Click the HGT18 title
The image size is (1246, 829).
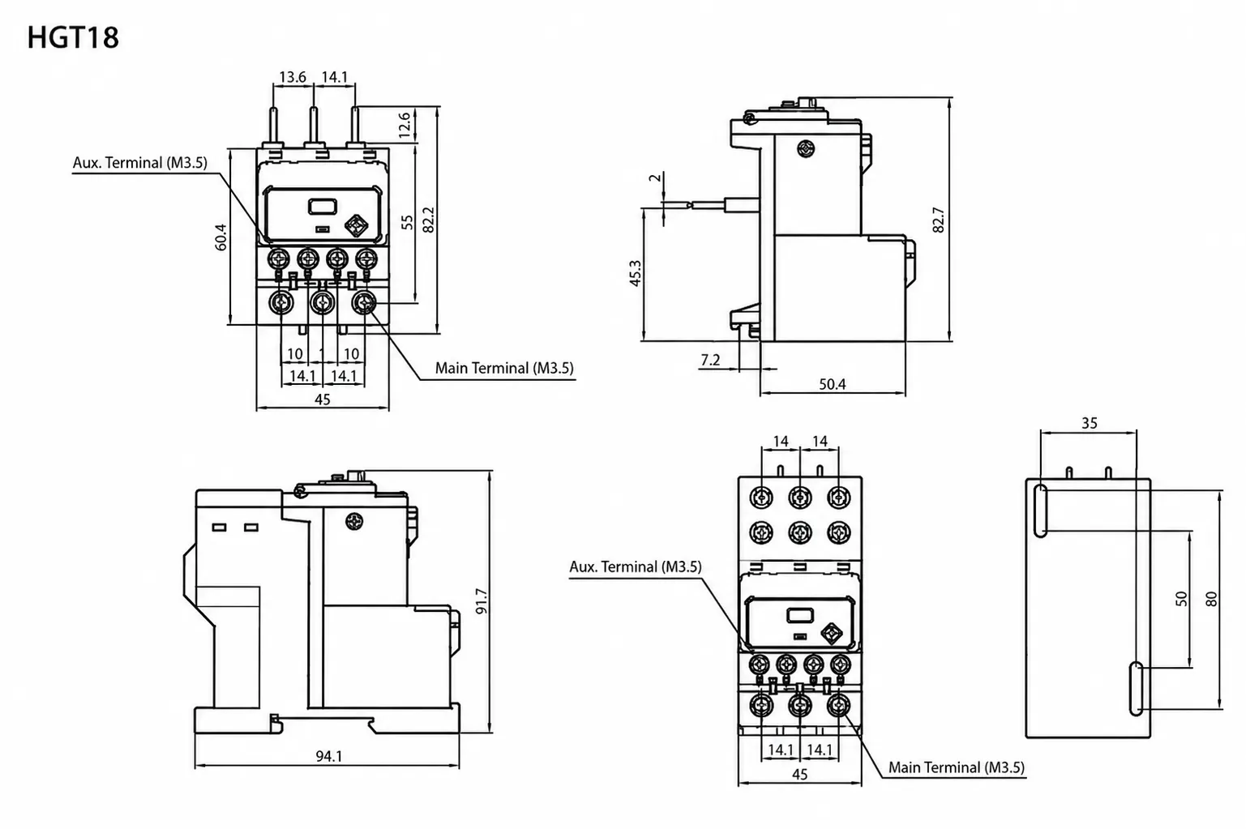click(73, 38)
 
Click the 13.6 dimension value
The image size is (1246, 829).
click(293, 77)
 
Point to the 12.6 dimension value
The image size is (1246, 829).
click(405, 125)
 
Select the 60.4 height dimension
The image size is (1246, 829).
click(221, 237)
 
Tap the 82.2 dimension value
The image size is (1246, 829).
click(428, 220)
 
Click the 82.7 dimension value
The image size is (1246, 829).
click(939, 220)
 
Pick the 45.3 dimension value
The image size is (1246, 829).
click(635, 273)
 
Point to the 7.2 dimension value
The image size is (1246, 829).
click(710, 361)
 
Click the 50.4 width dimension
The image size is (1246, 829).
click(832, 384)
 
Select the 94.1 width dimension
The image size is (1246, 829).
click(329, 756)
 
